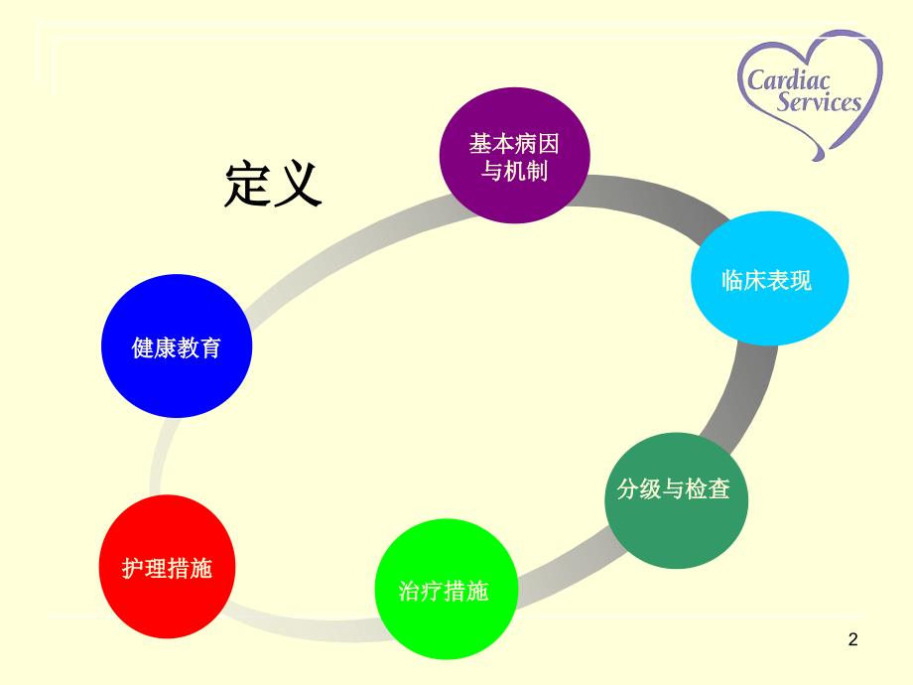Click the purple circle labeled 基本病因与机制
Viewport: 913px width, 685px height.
[x=515, y=156]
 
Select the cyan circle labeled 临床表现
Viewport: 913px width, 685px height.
[x=770, y=278]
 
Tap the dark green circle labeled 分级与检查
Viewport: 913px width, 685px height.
[x=676, y=500]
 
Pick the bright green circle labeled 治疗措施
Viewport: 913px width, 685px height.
[x=446, y=589]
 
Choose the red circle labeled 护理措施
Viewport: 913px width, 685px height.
[x=167, y=566]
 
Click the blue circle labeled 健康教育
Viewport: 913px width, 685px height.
[x=177, y=346]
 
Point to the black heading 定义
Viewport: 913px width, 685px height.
[x=273, y=184]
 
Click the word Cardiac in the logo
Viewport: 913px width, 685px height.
[x=788, y=79]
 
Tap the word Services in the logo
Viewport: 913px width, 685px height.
[x=819, y=101]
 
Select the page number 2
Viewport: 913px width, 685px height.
[x=853, y=639]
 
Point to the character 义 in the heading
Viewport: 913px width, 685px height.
[x=298, y=184]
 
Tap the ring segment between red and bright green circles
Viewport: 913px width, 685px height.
[x=304, y=627]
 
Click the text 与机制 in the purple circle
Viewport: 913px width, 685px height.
[x=514, y=171]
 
